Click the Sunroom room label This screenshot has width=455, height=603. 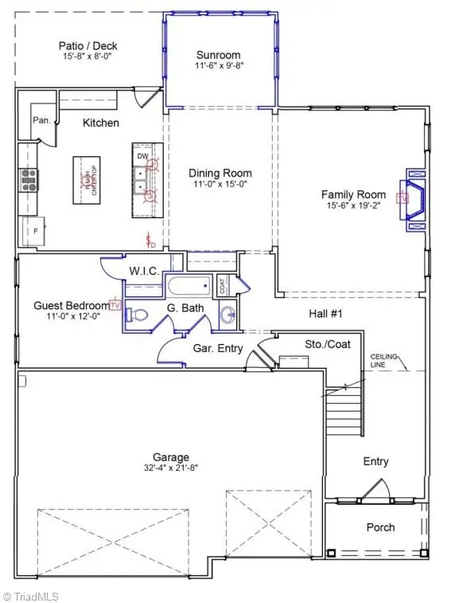[219, 55]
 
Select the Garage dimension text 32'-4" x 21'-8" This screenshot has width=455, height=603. [171, 469]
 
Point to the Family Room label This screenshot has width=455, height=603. [353, 194]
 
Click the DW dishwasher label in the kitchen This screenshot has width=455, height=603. [142, 156]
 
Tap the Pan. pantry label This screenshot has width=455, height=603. [42, 121]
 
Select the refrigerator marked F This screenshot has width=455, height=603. [34, 232]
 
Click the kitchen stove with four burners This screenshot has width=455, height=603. [29, 179]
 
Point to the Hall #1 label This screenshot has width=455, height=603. [325, 315]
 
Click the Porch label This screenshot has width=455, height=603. [380, 527]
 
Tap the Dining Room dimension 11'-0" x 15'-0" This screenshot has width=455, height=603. [220, 185]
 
